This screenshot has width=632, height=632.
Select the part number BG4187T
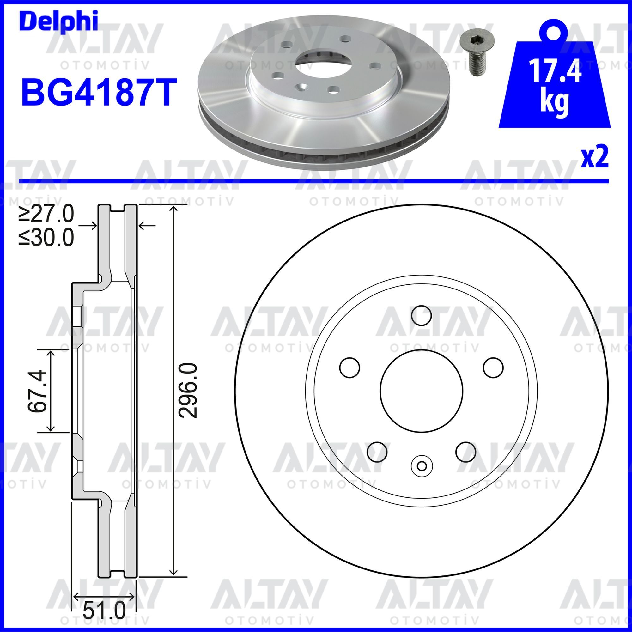97,92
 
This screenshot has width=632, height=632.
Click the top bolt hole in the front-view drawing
422,315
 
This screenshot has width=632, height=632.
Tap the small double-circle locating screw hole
422,465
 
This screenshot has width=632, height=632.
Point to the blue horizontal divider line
314,180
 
